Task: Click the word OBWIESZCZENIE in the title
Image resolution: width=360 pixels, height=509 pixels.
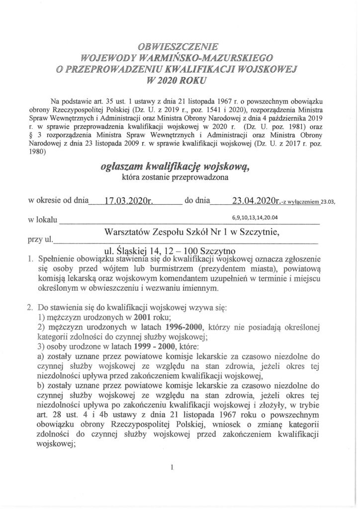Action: point(180,48)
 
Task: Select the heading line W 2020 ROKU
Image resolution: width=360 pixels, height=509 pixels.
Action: point(180,79)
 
